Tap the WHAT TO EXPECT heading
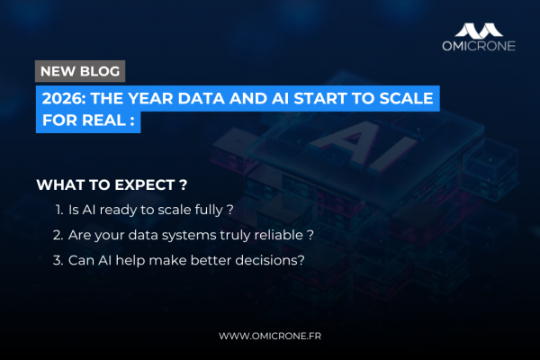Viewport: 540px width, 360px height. (x=112, y=185)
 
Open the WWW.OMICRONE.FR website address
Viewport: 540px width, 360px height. (x=270, y=336)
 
